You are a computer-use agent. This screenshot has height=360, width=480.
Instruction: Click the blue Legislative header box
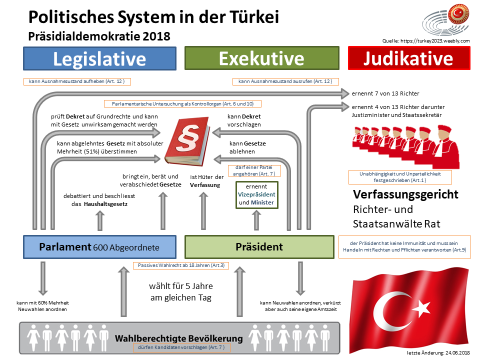pos(99,58)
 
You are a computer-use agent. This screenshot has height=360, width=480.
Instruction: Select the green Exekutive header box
pos(261,58)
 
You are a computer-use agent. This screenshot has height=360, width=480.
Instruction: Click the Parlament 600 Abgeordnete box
pos(99,246)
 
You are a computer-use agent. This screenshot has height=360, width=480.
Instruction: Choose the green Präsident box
pos(259,246)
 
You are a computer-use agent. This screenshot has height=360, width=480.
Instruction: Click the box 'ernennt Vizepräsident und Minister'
pos(256,194)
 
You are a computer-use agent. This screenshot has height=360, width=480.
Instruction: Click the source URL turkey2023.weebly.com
pos(425,41)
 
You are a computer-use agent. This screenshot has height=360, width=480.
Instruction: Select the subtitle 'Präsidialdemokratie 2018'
pos(99,36)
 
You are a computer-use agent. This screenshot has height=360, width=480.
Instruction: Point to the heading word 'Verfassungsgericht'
pos(405,194)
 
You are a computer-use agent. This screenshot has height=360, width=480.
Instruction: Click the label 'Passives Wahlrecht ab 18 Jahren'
pos(180,265)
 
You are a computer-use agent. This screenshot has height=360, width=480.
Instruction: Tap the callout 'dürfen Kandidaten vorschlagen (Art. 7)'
pos(180,347)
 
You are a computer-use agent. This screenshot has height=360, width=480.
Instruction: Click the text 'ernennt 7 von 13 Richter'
pos(385,93)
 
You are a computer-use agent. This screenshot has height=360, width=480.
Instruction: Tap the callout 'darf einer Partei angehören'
pos(254,170)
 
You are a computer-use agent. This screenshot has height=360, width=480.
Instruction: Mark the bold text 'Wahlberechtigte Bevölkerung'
pos(178,338)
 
